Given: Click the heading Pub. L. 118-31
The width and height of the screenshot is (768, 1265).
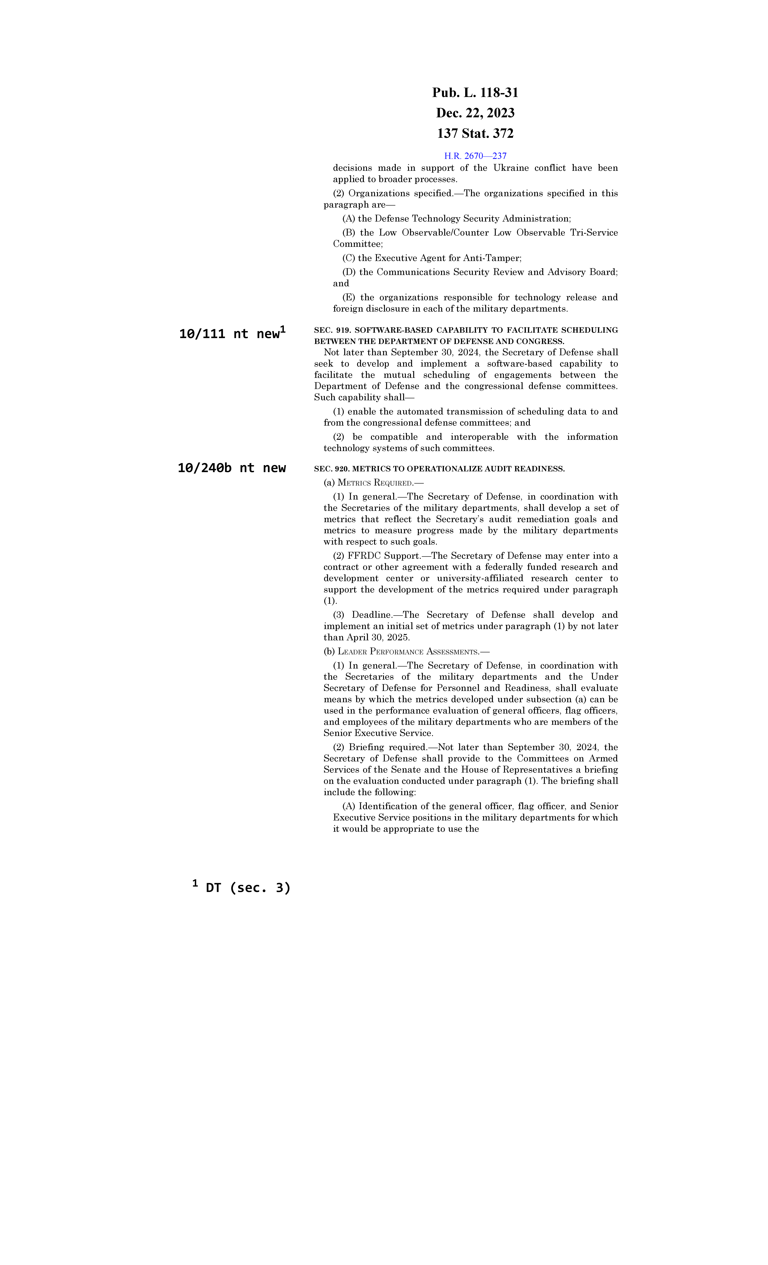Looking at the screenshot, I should (475, 93).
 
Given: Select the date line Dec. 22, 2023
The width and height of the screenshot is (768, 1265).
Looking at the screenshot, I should (475, 113).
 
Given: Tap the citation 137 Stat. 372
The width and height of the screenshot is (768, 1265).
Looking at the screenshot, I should (475, 133).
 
